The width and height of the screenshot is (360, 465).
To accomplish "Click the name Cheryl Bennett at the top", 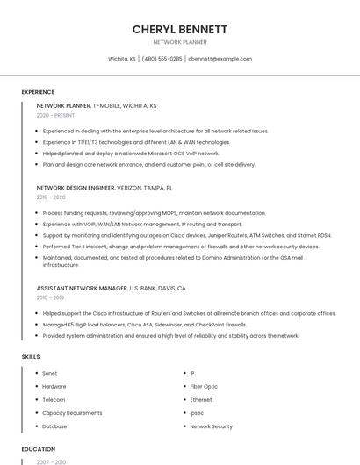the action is pos(180,29).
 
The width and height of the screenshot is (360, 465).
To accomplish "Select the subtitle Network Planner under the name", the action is pos(180,42).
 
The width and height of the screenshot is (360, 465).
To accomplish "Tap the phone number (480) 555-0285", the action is pos(162,59).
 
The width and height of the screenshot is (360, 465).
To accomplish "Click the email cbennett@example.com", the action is pos(220,59).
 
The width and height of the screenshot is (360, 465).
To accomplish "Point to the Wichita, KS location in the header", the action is pos(122,59).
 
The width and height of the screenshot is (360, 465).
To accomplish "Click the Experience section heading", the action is pos(38,92).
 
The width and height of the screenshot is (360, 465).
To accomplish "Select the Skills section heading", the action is pos(31,357).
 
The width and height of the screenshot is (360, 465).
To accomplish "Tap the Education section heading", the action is pos(39,449).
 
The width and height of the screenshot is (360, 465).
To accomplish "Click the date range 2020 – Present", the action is pos(55,115).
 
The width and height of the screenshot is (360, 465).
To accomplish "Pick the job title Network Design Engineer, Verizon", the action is pos(104,188).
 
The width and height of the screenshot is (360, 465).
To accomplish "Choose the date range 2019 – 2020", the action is pos(51,197).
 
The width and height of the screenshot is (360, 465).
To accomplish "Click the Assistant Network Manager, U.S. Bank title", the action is pos(111,288).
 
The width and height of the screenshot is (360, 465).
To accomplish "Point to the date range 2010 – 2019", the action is pos(50,297).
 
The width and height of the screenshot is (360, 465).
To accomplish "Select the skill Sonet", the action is pos(49,373).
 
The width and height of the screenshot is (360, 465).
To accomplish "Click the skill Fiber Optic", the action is pos(204,386).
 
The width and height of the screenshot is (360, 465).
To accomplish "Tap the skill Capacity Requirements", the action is pos(72,413).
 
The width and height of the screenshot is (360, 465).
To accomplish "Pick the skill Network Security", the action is pos(211,426).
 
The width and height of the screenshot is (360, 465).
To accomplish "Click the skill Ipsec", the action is pos(197,413).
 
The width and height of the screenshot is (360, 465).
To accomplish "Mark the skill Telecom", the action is pos(54,399).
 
